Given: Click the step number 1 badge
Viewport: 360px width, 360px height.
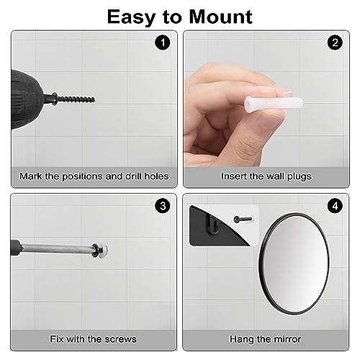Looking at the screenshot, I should (x=163, y=42).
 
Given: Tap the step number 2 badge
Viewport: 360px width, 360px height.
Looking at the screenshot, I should (x=334, y=42).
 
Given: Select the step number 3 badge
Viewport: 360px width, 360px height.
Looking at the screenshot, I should (x=163, y=206).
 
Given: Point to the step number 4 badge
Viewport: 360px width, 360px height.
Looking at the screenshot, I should (x=334, y=206).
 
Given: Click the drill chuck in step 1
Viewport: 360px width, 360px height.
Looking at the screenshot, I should (x=50, y=98).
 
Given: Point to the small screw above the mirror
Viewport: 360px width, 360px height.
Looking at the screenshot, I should (x=242, y=217).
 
